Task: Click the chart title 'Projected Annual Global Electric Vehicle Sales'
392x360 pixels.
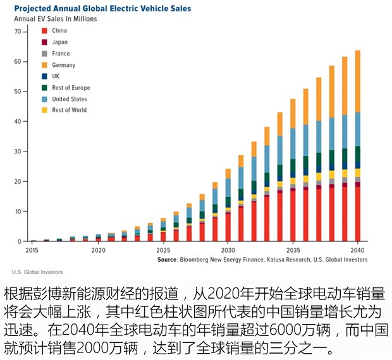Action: click(102, 9)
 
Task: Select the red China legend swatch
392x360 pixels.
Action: click(44, 30)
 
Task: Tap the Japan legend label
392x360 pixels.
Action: click(60, 42)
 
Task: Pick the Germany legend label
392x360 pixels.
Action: click(63, 65)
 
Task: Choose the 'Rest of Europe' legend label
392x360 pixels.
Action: click(71, 88)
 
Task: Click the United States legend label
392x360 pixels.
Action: click(70, 99)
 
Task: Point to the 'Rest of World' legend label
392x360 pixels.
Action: click(70, 111)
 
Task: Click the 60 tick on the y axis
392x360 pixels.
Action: click(18, 61)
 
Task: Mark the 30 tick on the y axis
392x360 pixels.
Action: click(18, 152)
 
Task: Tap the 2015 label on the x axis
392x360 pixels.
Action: click(32, 251)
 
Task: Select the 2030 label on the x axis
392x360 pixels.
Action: click(228, 251)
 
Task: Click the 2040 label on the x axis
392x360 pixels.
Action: click(358, 251)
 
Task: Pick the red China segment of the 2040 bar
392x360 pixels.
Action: click(358, 215)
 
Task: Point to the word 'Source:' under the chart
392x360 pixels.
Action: click(168, 260)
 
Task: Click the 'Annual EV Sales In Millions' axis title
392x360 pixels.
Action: click(56, 19)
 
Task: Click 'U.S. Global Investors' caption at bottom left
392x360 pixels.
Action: click(37, 272)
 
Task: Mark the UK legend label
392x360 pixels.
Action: click(56, 76)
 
